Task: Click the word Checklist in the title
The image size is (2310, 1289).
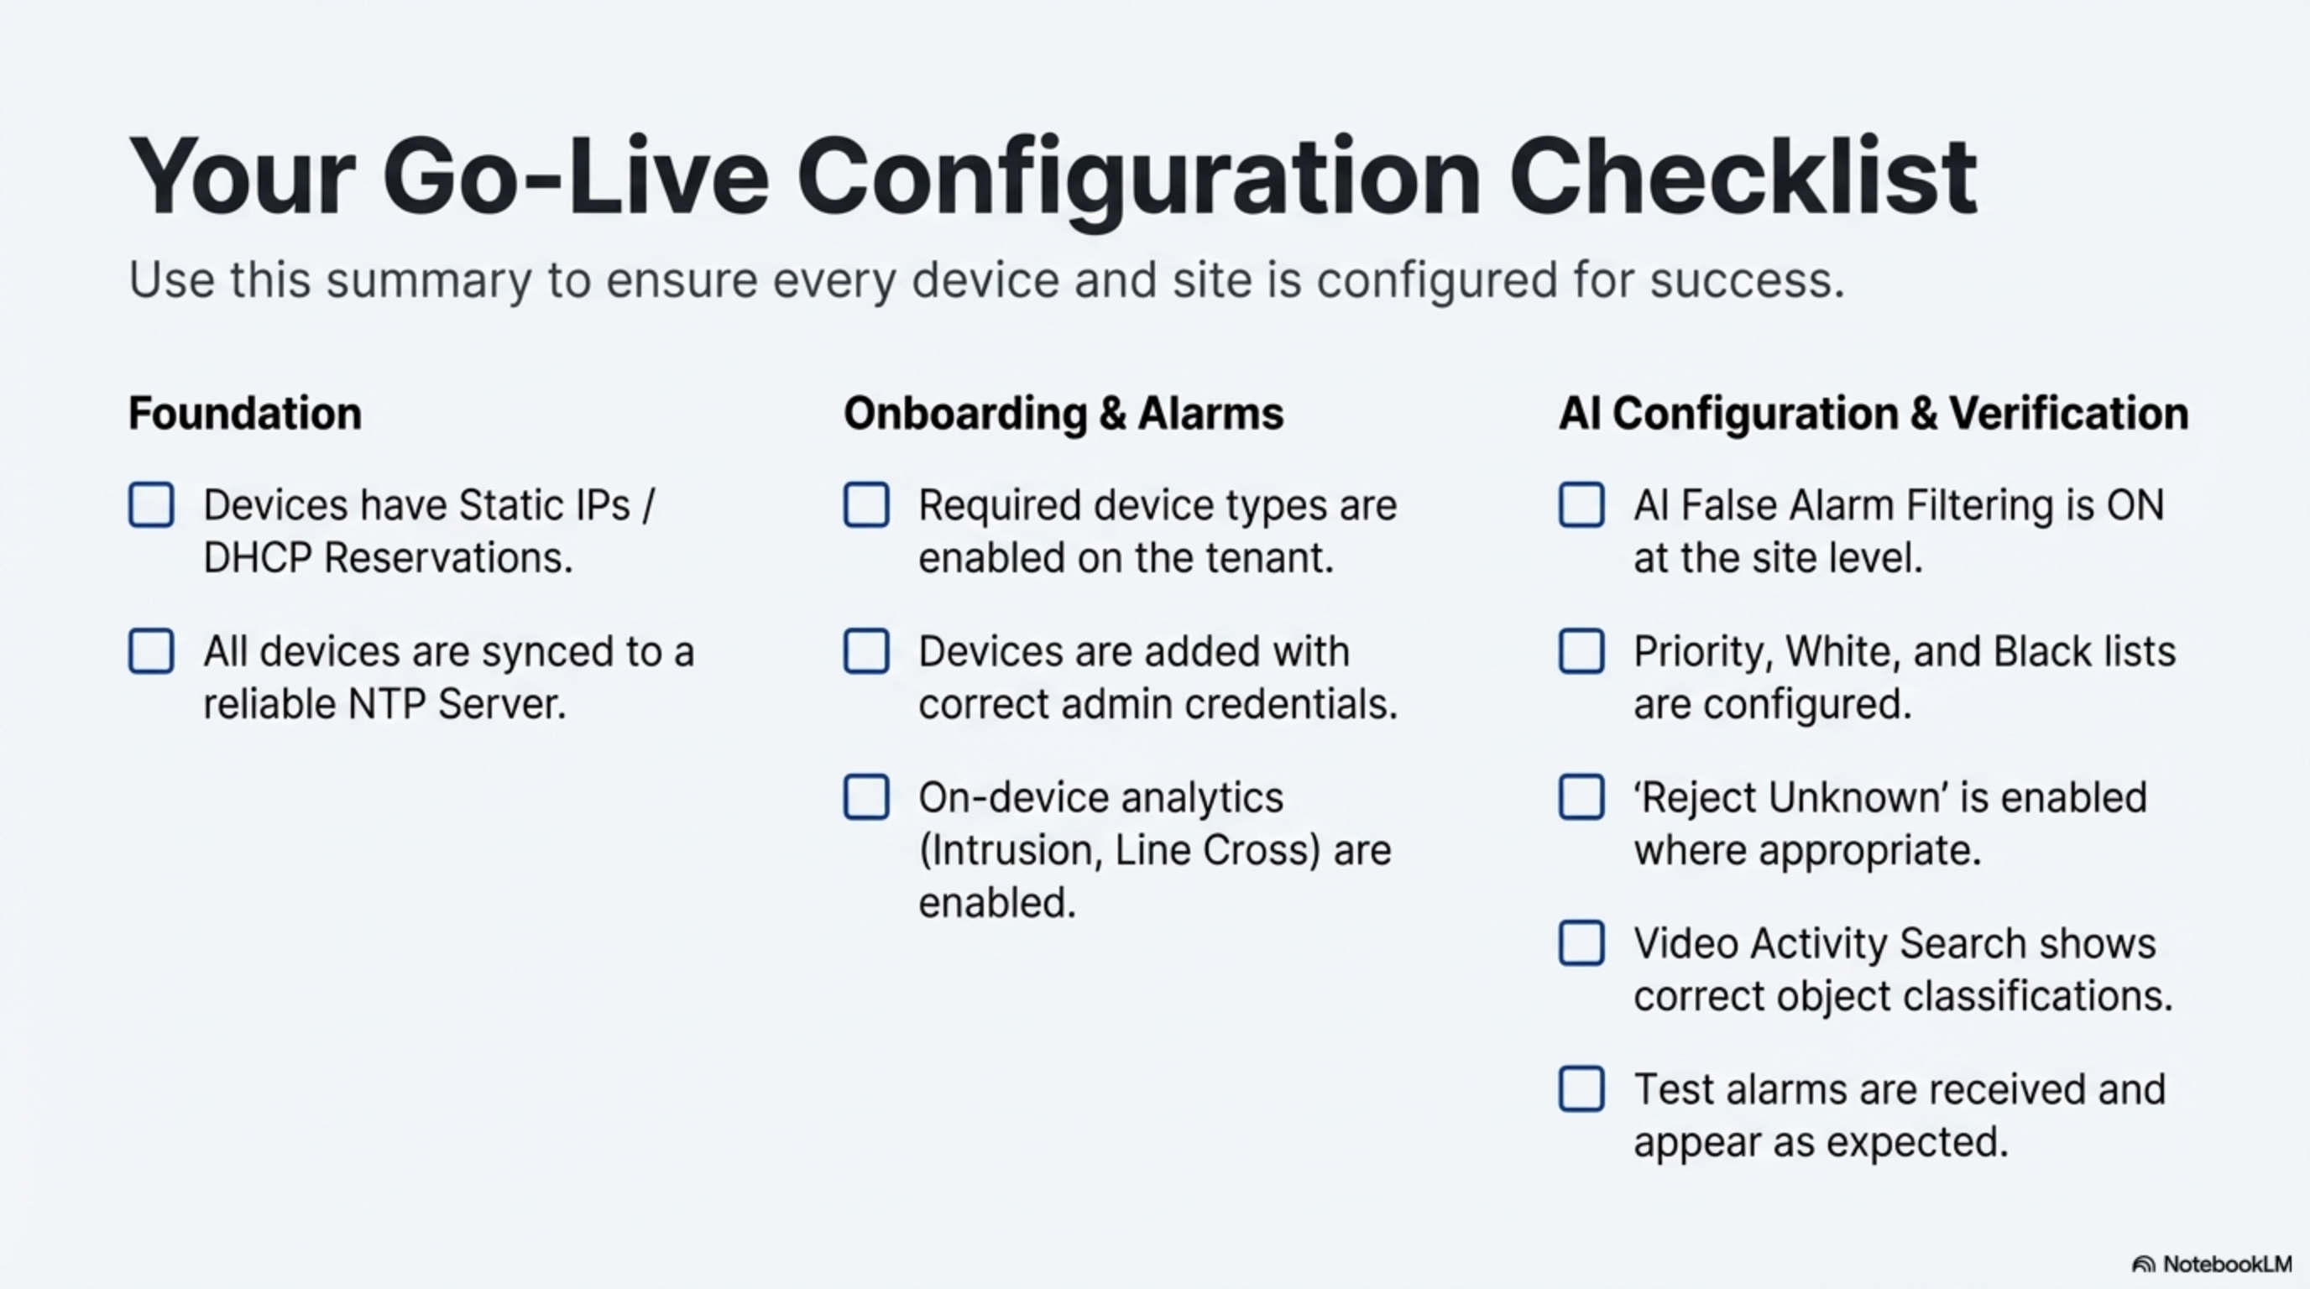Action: [1743, 175]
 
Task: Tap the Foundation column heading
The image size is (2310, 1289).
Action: [245, 413]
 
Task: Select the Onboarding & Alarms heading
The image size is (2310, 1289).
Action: [1064, 414]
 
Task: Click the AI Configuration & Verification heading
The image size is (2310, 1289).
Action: [1874, 414]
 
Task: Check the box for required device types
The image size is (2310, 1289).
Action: [866, 505]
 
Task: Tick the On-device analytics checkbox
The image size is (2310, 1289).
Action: [866, 797]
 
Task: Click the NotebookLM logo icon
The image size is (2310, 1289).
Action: [2143, 1265]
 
